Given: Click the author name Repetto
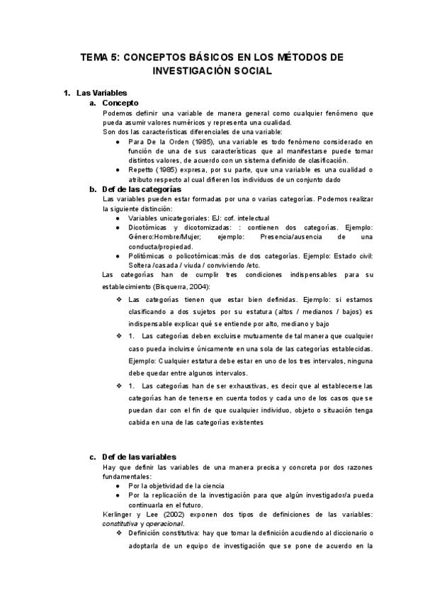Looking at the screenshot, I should [x=142, y=171].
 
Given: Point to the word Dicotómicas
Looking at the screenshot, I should [x=149, y=227].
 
